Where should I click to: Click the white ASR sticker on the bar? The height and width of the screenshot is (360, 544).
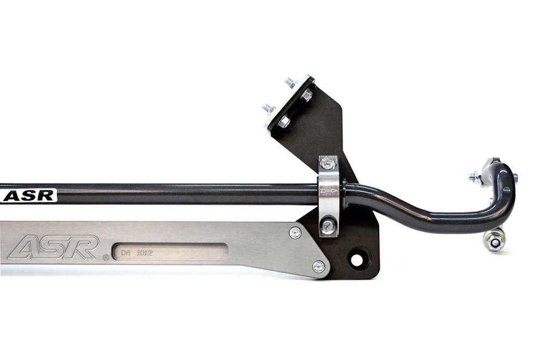(28, 195)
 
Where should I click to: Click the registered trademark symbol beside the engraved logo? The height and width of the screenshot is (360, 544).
(106, 257)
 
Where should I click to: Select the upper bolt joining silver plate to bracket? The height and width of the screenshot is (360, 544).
(295, 233)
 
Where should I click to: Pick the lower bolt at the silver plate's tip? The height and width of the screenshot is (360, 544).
(319, 266)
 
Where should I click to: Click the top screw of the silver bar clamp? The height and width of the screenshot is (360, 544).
(327, 164)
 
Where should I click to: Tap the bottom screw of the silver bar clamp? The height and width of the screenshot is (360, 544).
(327, 226)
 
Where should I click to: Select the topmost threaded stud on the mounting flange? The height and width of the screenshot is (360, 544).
(290, 83)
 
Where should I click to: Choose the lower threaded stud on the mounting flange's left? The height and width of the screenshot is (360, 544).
(269, 108)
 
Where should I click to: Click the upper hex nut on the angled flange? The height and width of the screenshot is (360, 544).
(307, 96)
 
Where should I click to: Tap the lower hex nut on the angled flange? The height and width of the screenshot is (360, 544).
(284, 122)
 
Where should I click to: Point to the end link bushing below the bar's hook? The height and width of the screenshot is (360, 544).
(494, 240)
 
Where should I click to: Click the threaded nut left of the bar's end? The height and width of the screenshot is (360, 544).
(475, 177)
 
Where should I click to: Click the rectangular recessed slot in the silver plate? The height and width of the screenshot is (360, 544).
(170, 252)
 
